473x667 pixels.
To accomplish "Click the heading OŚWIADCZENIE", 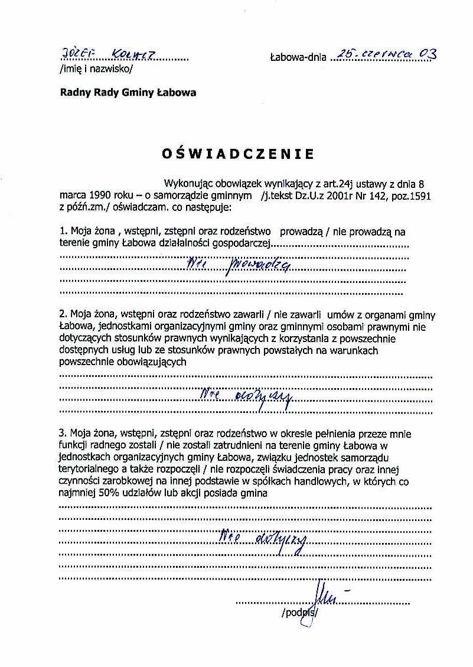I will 238,155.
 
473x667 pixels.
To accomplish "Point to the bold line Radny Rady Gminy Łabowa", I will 128,93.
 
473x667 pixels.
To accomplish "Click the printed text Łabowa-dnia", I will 298,58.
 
